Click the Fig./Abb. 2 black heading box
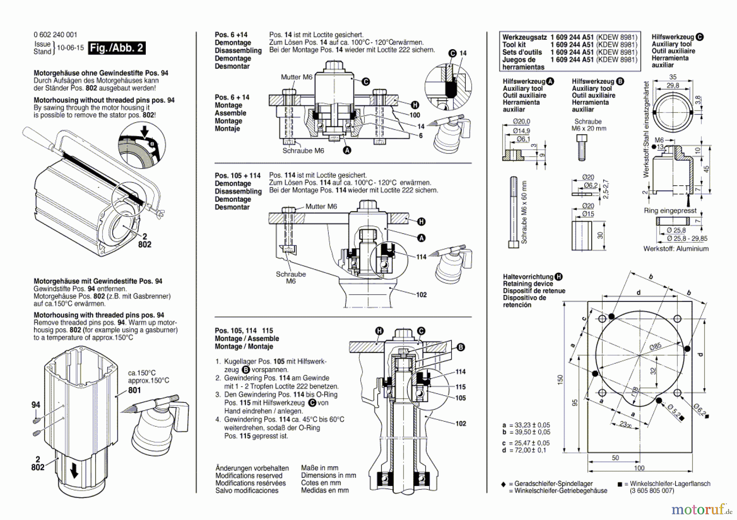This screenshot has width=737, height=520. coord(117,48)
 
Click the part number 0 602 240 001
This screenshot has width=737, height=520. coord(55,35)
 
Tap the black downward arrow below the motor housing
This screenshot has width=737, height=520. coord(74,472)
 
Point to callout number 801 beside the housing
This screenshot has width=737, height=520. coord(134,390)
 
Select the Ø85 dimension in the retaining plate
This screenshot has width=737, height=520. coord(655,347)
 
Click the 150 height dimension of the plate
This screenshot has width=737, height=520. coord(560,379)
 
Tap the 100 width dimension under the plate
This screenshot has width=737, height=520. coord(639,468)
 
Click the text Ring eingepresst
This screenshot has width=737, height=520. coord(670,211)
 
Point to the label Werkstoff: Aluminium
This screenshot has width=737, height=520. coord(676,249)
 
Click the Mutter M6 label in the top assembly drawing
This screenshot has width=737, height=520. coord(296,77)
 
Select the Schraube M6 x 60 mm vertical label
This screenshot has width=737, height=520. coord(524,213)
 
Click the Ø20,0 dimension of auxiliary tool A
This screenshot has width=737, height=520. coord(521,122)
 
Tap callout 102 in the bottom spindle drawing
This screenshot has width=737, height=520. coord(461,423)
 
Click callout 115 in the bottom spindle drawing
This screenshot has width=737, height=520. coord(461,387)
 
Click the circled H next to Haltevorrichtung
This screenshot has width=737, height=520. coord(559,277)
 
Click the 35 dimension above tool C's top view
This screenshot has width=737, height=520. coord(673,77)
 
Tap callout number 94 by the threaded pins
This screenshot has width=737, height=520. coord(36,405)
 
